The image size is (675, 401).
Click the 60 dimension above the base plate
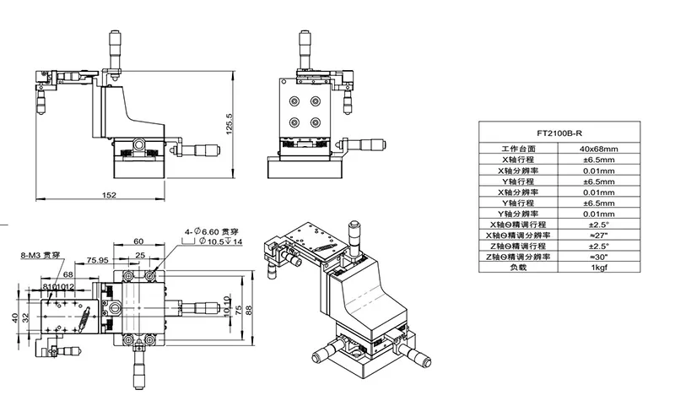[138, 241]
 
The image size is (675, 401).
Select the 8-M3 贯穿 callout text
[40, 253]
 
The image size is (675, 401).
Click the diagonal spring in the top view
[86, 320]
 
